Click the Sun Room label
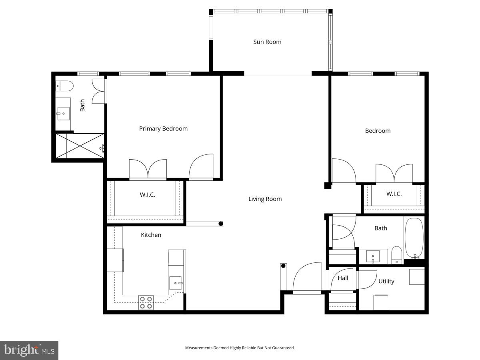(267, 42)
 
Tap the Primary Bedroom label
(163, 128)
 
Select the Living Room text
(265, 199)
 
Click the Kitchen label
(151, 235)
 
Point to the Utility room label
(386, 281)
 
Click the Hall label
(343, 278)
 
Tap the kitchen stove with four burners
(146, 302)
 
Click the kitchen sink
(175, 283)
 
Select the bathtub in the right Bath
(414, 238)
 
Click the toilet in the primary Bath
(64, 85)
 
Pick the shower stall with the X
(80, 146)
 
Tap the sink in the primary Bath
(63, 114)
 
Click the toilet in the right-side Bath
(396, 255)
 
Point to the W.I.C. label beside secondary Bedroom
(394, 194)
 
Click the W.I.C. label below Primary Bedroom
(147, 195)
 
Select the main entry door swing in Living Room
(307, 278)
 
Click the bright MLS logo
(29, 350)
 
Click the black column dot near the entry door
(283, 266)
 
